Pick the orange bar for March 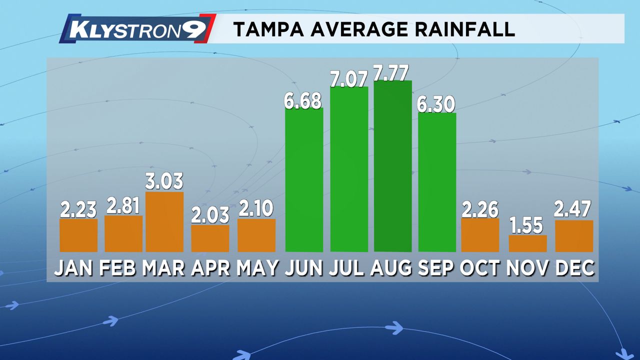(x=164, y=222)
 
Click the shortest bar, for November (x=527, y=243)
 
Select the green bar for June (x=304, y=180)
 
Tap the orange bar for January (x=78, y=235)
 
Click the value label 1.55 (x=527, y=225)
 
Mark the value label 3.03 (x=164, y=181)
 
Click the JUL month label (x=348, y=268)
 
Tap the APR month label (x=210, y=268)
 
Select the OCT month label (x=479, y=268)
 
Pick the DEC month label (x=575, y=268)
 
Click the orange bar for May (x=256, y=235)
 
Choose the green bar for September (x=437, y=182)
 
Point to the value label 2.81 (x=123, y=206)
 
